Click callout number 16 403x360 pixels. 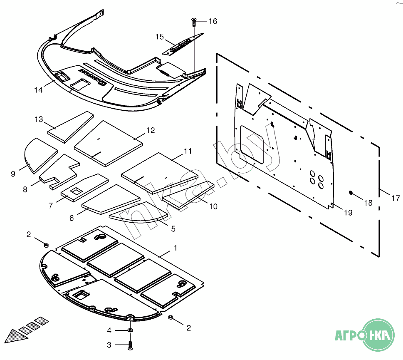tap(213, 21)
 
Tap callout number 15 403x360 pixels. tap(160, 37)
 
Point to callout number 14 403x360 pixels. tap(38, 90)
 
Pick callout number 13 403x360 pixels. tap(39, 119)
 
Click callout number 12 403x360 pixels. tap(150, 130)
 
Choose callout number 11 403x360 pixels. tap(188, 151)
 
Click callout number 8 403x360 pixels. tap(25, 189)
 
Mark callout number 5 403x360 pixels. tap(173, 228)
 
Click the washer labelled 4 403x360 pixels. tap(130, 330)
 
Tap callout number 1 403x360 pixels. tap(175, 248)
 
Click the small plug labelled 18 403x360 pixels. tap(351, 193)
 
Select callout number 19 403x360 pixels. tap(348, 212)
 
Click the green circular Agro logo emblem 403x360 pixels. tap(378, 335)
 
